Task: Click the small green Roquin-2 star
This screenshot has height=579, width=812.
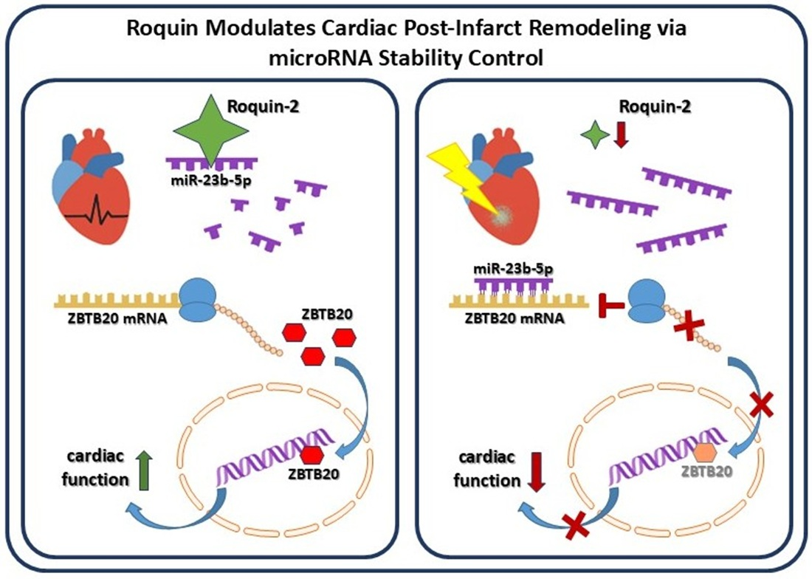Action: click(594, 136)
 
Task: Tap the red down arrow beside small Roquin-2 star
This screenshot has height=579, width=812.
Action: click(620, 135)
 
